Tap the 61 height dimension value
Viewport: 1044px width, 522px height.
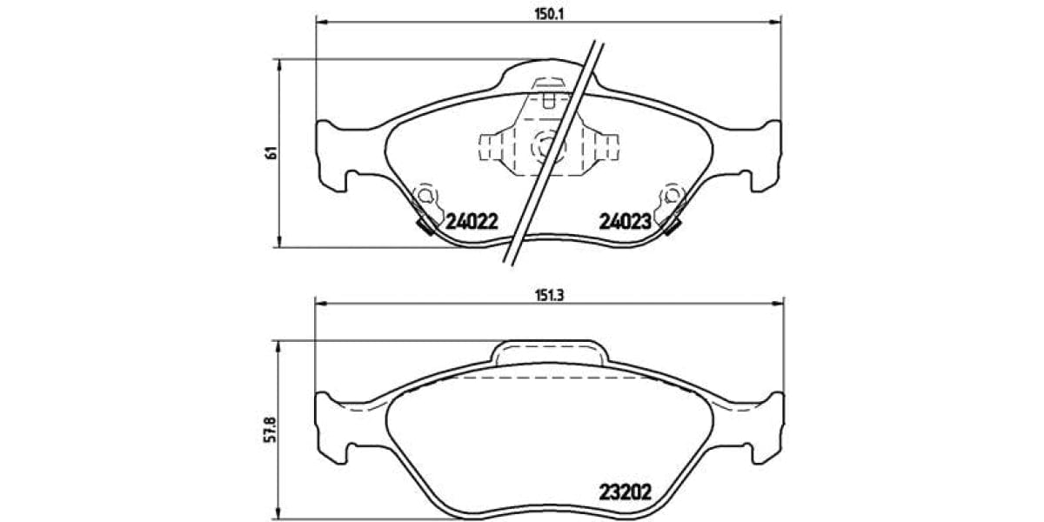[x=271, y=152]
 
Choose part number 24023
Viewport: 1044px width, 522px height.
[x=625, y=221]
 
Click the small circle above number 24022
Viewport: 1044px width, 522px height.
[x=425, y=194]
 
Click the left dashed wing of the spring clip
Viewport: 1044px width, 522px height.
[x=492, y=144]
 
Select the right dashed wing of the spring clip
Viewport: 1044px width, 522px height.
[x=606, y=144]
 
